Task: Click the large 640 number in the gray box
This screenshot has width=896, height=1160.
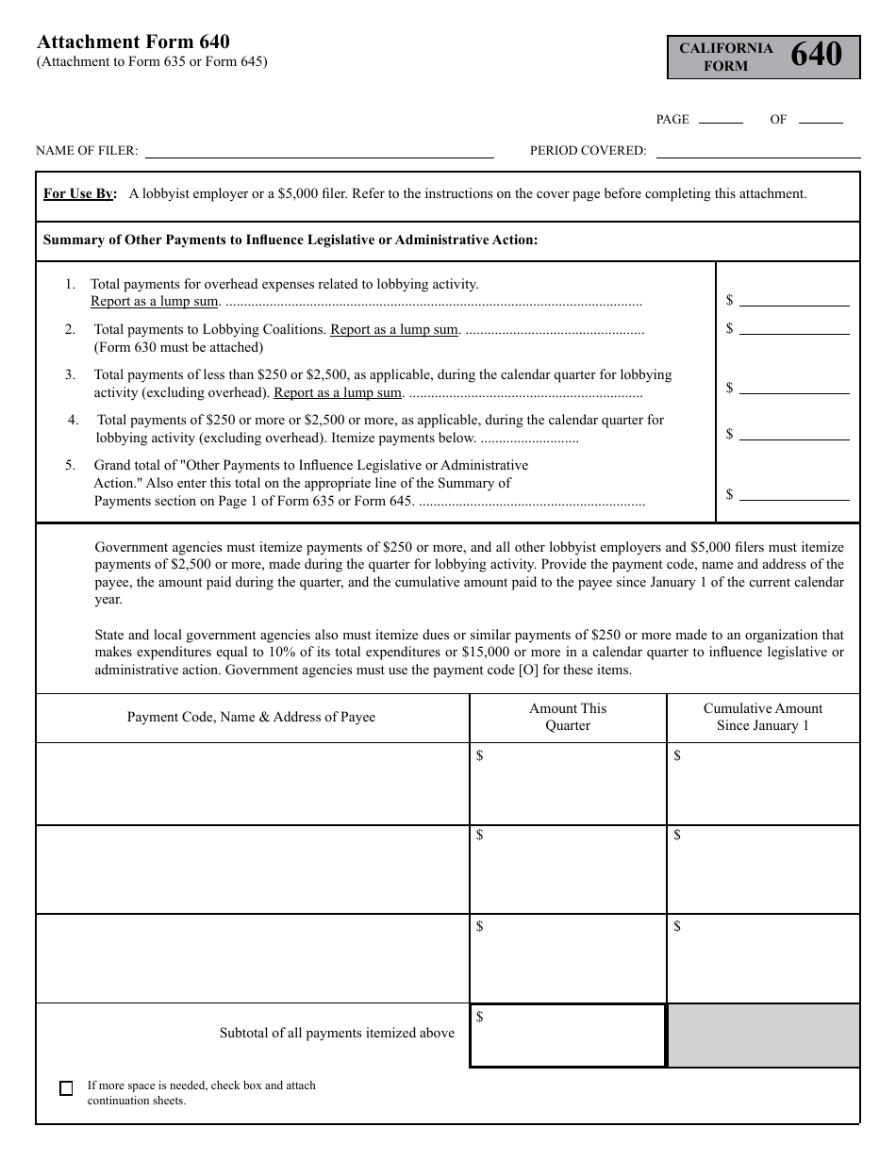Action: [816, 56]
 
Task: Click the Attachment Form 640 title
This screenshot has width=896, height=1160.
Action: [133, 41]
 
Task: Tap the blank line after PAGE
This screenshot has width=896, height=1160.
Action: [721, 121]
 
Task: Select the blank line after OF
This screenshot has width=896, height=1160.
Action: [821, 121]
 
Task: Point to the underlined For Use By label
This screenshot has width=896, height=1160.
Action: [80, 194]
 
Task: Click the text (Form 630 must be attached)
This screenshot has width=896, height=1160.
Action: [178, 347]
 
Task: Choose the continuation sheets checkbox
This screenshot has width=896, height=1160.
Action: [66, 1088]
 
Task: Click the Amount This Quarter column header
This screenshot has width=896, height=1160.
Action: [568, 718]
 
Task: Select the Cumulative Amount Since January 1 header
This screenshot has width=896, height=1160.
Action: [763, 718]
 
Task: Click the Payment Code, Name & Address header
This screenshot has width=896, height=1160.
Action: [251, 718]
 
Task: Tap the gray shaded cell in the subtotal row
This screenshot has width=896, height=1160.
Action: [763, 1036]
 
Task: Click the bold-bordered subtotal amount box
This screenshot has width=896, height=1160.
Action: [568, 1036]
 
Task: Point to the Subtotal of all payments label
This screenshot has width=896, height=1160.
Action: [337, 1034]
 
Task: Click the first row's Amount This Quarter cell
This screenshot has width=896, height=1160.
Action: [568, 785]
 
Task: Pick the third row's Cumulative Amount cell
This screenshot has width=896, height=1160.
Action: [763, 958]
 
